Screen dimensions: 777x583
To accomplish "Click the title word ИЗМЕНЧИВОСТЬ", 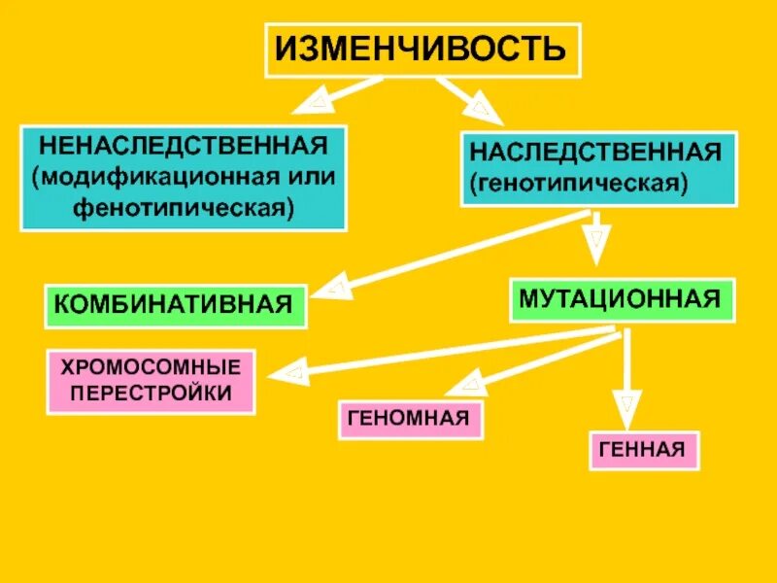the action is tap(421, 48).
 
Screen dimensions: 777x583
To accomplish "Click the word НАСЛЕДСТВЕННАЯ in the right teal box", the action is tap(595, 153).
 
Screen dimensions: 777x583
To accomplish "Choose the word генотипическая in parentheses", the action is tap(580, 183).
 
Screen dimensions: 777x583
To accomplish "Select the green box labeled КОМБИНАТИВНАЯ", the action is tap(174, 304).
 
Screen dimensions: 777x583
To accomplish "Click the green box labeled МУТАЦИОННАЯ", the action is tap(621, 299).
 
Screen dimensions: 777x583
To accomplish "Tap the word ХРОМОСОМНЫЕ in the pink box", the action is tap(151, 368).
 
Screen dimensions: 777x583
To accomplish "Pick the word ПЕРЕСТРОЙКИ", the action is tap(151, 394).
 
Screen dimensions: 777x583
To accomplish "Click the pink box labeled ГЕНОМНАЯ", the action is tap(410, 419).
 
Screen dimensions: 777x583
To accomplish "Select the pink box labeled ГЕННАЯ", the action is tap(642, 449).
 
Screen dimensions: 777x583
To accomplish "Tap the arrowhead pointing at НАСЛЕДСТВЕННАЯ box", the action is tap(485, 110).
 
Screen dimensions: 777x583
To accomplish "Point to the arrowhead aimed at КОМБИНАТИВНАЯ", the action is tap(333, 287).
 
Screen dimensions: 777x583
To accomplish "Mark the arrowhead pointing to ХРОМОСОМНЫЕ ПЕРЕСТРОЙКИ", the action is tap(288, 371).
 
